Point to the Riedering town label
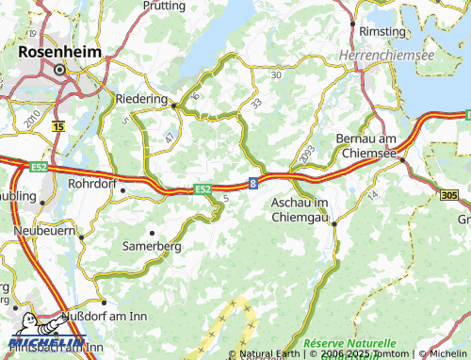click(140, 98)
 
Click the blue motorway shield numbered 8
click(253, 185)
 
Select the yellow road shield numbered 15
click(59, 125)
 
